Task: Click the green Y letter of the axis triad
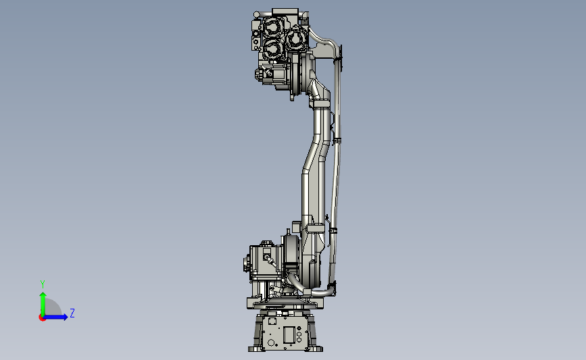point(43,284)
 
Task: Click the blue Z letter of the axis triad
point(72,313)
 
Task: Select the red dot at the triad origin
point(42,317)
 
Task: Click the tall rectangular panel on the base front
point(289,335)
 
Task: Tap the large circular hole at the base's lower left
point(272,342)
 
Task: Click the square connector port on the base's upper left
point(272,321)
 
